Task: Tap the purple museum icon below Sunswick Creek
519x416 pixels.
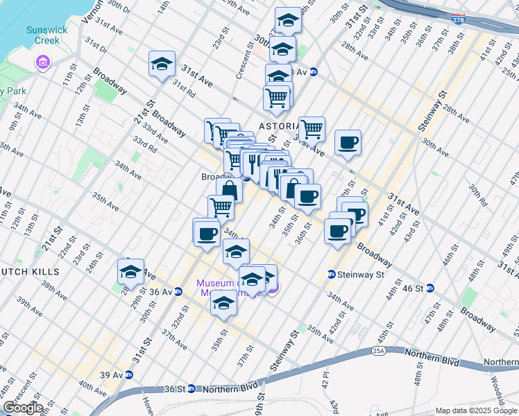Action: tap(44, 64)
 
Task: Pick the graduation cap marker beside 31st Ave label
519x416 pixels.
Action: tap(162, 64)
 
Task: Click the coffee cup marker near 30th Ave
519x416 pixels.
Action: tap(348, 143)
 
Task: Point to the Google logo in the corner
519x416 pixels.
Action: tap(22, 408)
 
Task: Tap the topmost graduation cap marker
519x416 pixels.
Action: tap(288, 20)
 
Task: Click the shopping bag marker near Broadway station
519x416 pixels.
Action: tap(229, 189)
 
